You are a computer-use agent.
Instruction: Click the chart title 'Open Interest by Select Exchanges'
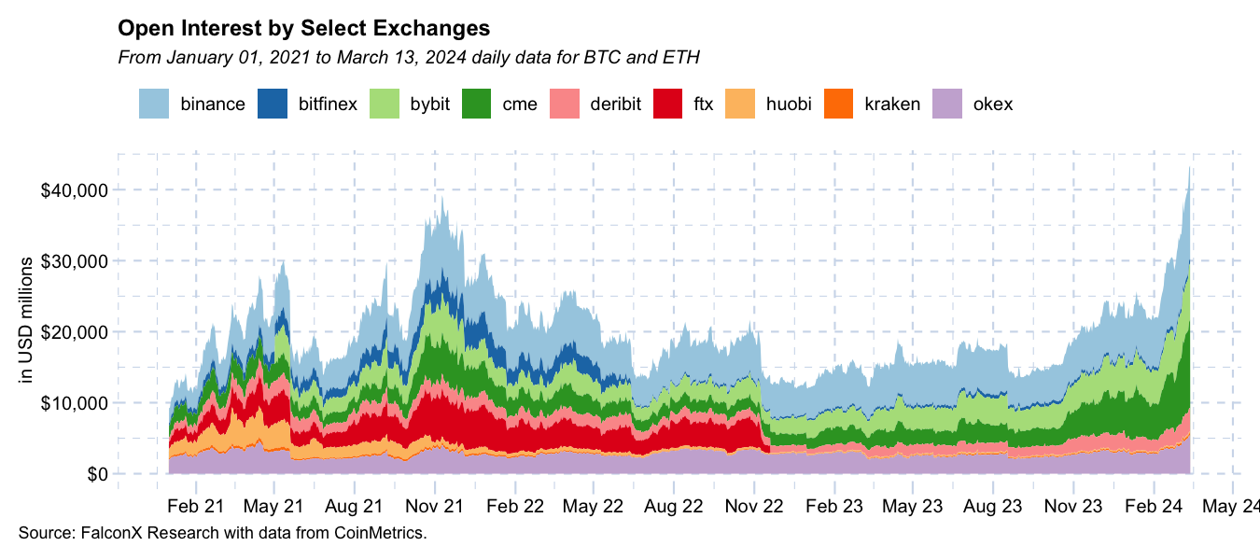303,27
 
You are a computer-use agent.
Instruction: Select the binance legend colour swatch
154,103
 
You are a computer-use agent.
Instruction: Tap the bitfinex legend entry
328,104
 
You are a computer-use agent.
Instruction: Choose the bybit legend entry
429,104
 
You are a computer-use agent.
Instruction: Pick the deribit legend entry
615,104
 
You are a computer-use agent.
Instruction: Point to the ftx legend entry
703,104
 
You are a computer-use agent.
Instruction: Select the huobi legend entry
789,104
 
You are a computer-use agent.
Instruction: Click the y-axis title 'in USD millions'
27,319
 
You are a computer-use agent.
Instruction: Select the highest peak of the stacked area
1189,168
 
